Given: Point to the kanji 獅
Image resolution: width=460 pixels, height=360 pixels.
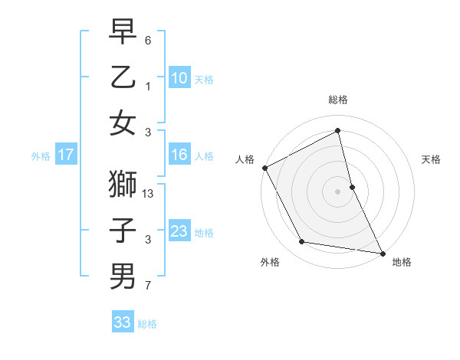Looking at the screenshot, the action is [x=123, y=185].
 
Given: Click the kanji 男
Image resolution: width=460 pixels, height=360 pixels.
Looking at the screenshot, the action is [x=123, y=275].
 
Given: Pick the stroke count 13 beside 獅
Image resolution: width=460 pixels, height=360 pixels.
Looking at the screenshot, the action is [x=149, y=195].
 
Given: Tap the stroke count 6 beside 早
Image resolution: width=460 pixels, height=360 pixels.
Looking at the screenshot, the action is [x=148, y=39].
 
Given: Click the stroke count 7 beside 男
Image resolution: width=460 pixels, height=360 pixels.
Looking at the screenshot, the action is [x=148, y=286].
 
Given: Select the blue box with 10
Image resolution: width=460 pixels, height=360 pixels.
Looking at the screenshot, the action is [x=179, y=77].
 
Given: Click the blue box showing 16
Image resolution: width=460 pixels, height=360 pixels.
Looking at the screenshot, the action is [x=179, y=155].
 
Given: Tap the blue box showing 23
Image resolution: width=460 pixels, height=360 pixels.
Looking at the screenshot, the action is [x=179, y=231].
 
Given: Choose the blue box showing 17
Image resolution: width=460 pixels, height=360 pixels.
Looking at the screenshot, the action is [x=66, y=155].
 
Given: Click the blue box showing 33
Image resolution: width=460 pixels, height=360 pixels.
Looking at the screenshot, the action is [x=123, y=322].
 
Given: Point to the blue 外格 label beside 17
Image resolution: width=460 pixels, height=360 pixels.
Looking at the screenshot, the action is [x=41, y=156].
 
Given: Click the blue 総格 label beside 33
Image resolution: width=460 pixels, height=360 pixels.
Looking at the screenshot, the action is [x=147, y=324].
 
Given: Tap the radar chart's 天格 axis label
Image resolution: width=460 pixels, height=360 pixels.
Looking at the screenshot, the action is [x=432, y=159].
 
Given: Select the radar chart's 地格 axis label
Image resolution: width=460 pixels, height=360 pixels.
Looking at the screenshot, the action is [x=402, y=262].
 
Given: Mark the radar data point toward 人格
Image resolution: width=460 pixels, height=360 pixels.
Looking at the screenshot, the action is [x=265, y=168].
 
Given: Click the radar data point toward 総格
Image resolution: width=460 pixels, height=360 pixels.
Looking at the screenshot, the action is [x=338, y=131].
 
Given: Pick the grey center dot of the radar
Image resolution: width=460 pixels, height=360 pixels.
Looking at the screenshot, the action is [x=338, y=191].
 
